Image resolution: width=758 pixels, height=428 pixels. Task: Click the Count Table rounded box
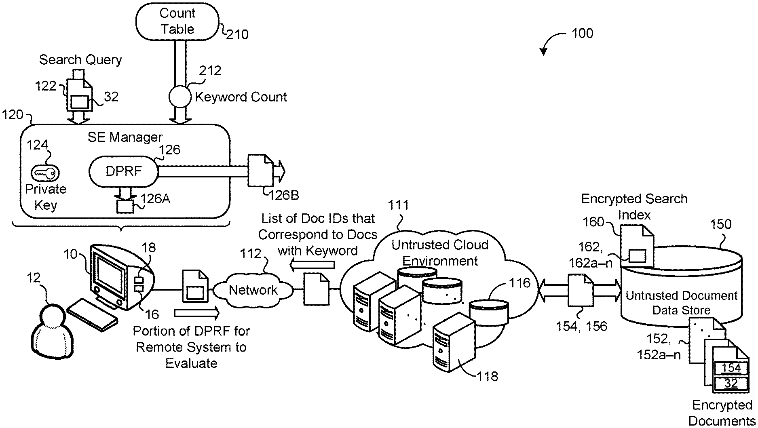[x=177, y=21]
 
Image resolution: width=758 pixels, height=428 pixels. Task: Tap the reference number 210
[x=237, y=35]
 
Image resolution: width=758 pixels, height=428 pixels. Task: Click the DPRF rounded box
[x=123, y=171]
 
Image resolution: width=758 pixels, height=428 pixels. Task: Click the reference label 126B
[x=284, y=195]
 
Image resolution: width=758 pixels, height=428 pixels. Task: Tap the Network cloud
[x=253, y=290]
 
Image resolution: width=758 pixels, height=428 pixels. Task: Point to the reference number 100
[x=583, y=33]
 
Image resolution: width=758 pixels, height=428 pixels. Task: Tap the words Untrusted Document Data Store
[x=682, y=303]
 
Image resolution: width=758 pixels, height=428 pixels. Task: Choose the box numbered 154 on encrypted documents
[x=731, y=368]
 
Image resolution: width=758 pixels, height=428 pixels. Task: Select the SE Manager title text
[x=125, y=137]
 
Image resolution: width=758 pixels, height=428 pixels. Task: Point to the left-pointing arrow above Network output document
[x=312, y=265]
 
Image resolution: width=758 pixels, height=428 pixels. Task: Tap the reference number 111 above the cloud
[x=399, y=205]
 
